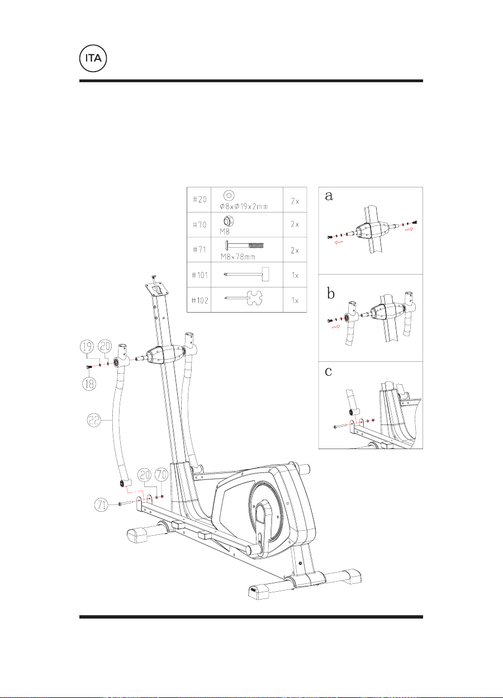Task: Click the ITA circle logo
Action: [93, 59]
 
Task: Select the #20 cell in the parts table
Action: [200, 200]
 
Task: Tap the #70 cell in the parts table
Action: [200, 225]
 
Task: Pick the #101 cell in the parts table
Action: [200, 275]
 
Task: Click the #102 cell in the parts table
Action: [200, 300]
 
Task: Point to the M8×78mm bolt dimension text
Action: [238, 257]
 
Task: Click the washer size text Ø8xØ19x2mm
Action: [244, 206]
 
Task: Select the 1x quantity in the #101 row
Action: [295, 276]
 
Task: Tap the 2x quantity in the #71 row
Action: [295, 251]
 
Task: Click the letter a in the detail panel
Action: [329, 196]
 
